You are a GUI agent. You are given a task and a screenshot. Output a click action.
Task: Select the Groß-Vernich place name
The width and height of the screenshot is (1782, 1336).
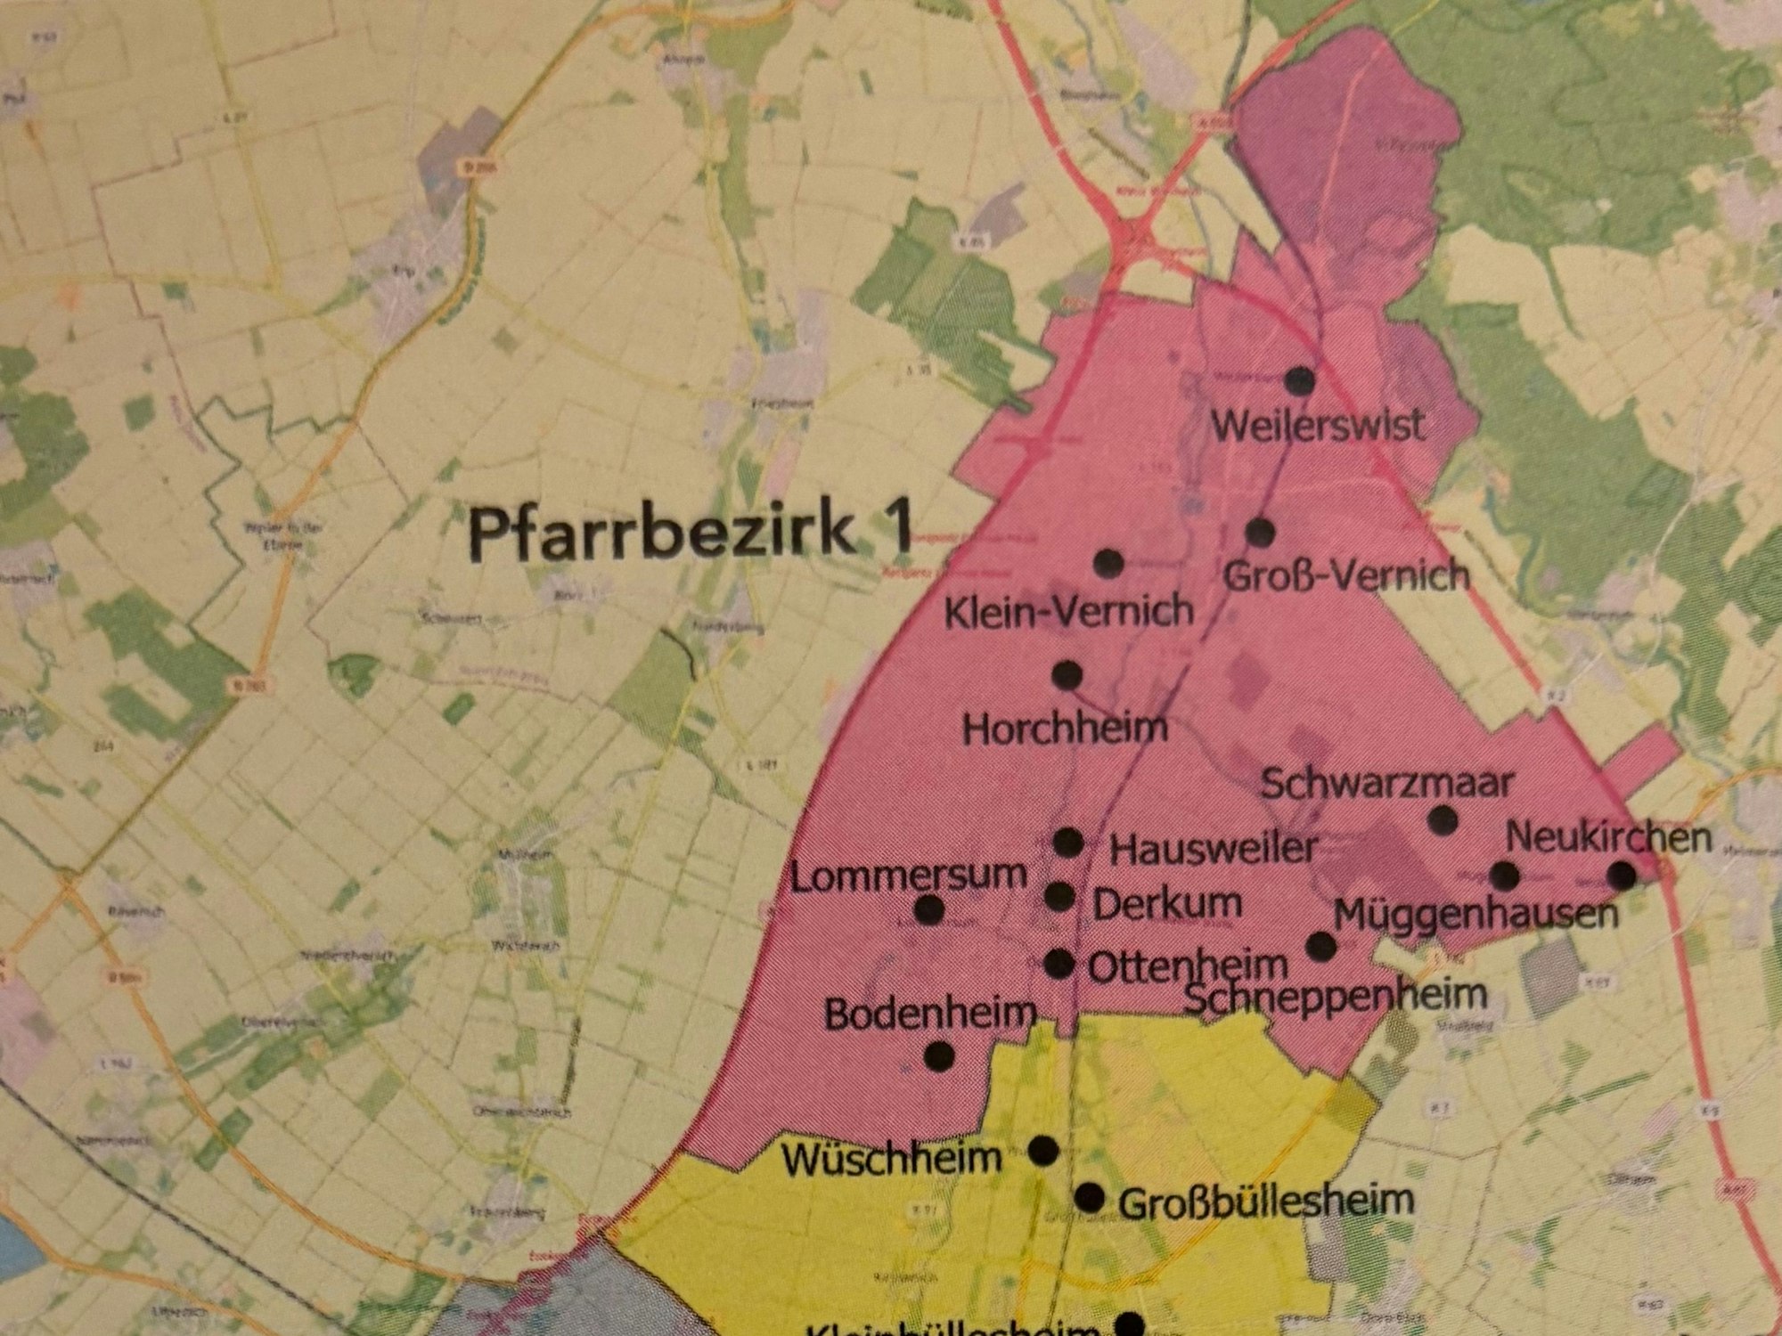point(1346,575)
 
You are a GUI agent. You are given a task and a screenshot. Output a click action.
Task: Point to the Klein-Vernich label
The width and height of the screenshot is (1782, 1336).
point(1068,611)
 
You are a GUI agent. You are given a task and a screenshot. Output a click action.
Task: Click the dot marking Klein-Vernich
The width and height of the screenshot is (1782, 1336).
point(1108,563)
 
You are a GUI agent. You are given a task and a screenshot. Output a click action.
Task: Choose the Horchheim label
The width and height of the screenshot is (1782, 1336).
point(1065,729)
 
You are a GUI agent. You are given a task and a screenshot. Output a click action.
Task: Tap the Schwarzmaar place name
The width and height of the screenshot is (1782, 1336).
point(1387,784)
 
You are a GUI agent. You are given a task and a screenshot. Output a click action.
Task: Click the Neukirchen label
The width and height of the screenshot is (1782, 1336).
point(1608,837)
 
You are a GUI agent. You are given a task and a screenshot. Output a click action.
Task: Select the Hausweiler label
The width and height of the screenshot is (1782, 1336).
point(1212,848)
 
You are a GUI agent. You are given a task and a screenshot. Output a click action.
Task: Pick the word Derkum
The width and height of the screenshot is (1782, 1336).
point(1167,905)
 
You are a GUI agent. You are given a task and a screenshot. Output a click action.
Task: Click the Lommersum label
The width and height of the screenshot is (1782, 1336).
point(909,876)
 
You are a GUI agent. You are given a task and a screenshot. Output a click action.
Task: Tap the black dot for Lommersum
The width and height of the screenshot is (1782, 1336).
point(929,909)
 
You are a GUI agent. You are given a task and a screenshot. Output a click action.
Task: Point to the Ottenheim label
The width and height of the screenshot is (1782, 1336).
point(1188,965)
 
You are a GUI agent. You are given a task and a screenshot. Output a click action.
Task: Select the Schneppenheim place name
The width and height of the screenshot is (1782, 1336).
point(1336,995)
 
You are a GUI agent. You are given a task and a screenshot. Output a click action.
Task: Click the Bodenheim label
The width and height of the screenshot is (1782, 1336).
point(930,1014)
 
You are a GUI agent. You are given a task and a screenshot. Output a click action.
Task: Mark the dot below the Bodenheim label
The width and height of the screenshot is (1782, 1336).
point(939,1056)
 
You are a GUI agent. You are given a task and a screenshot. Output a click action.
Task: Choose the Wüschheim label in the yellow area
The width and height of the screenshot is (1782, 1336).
point(892,1158)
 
